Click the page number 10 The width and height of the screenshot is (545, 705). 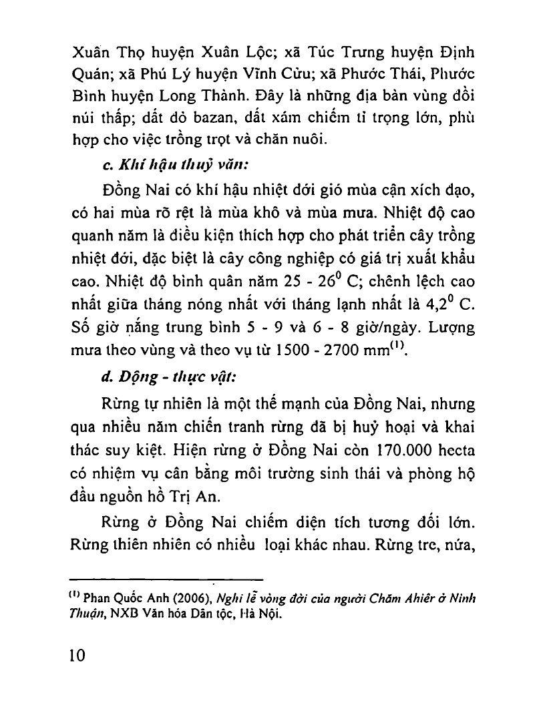77,655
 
